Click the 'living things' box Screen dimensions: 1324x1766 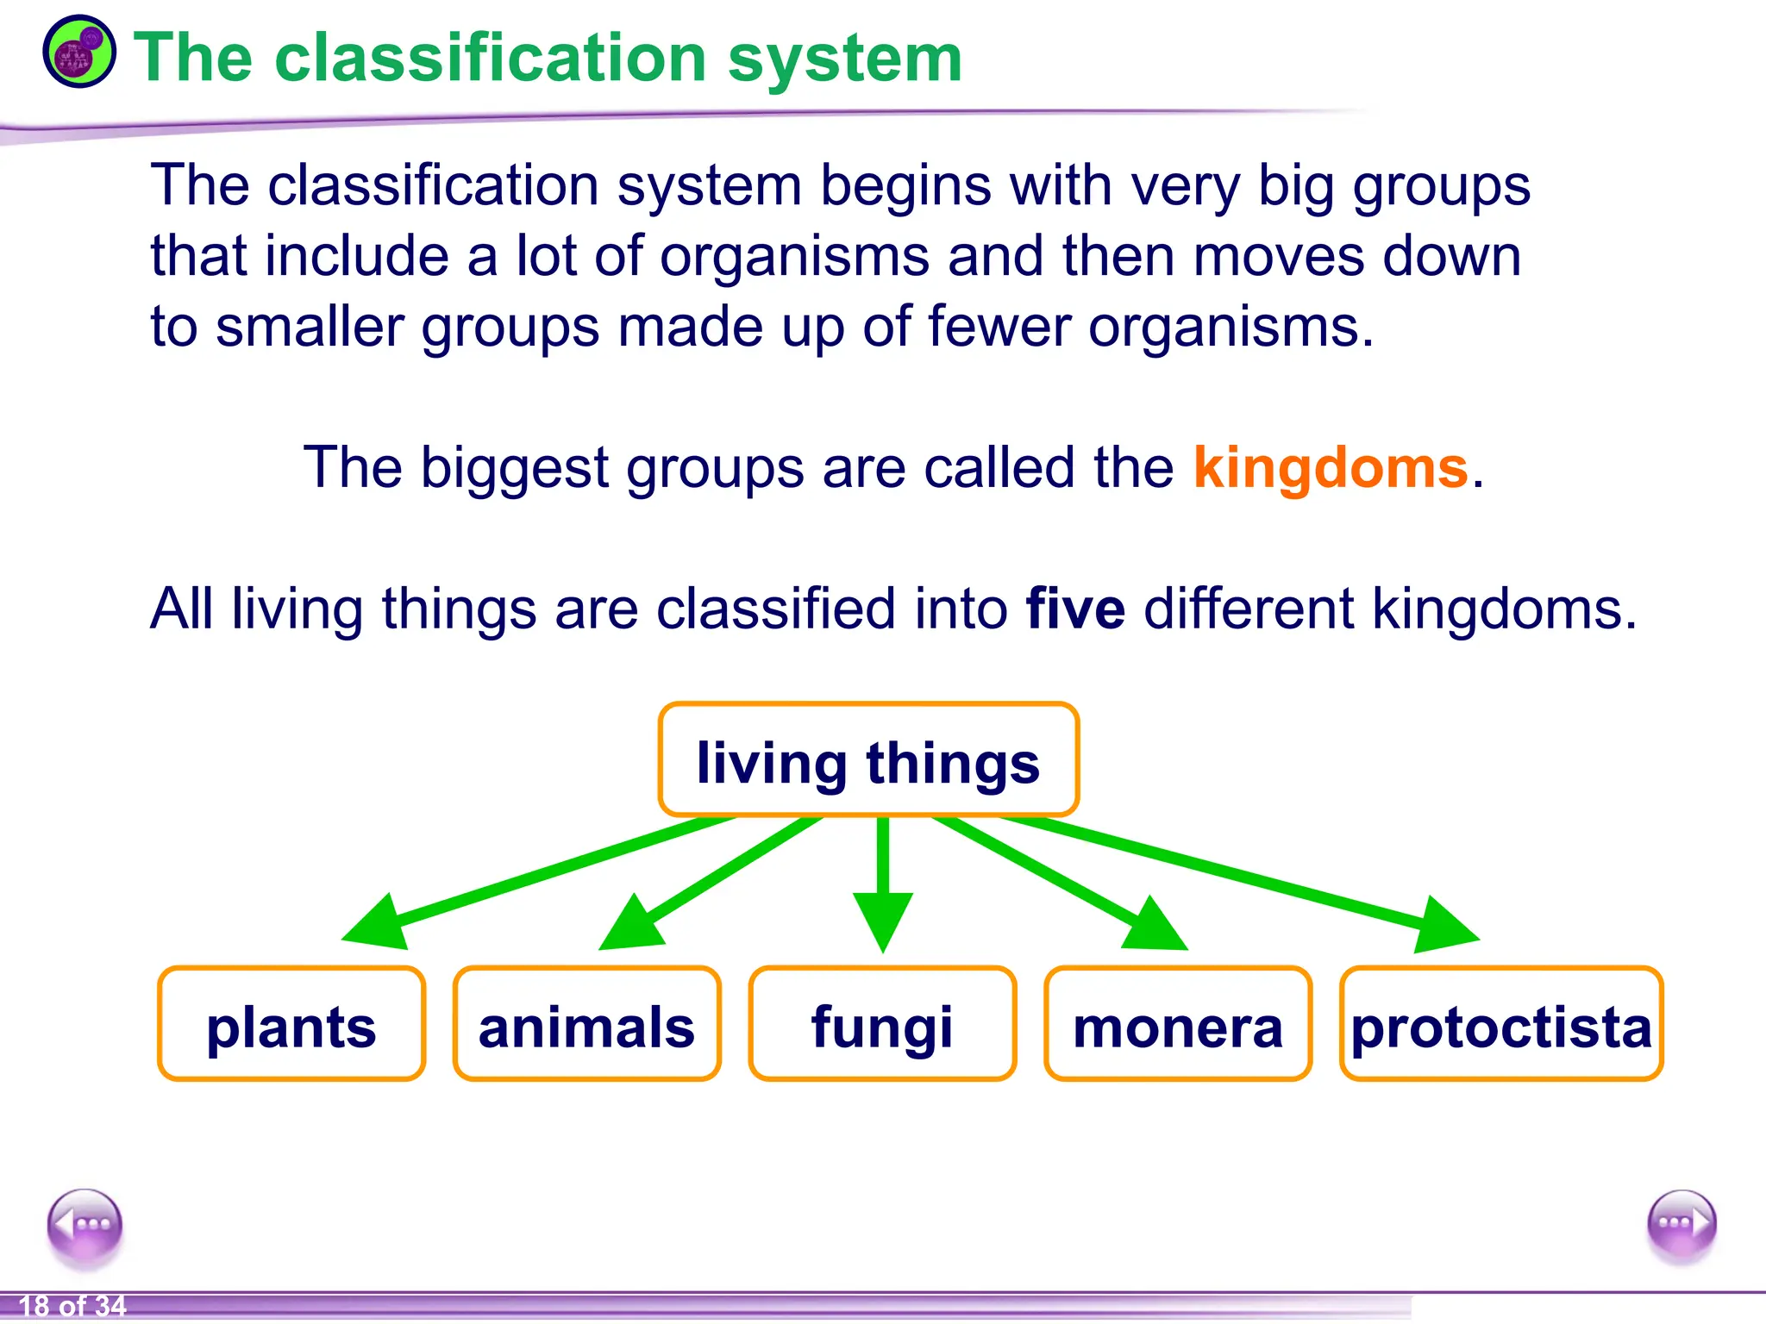pos(868,760)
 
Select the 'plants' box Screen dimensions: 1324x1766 pos(291,1024)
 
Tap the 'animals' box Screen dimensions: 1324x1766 pos(586,1024)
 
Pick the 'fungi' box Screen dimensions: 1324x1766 pos(882,1024)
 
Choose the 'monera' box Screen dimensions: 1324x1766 pos(1178,1024)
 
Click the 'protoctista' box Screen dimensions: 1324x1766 pos(1501,1024)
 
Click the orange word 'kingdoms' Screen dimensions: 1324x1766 pos(1331,468)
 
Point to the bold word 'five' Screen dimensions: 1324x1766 pos(1075,609)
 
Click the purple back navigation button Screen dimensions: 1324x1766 pos(85,1225)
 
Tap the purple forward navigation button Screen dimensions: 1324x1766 pos(1681,1224)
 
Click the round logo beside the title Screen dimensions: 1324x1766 pos(78,52)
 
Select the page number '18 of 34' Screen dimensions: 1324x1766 pos(72,1307)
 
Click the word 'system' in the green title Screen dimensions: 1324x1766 pos(844,59)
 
